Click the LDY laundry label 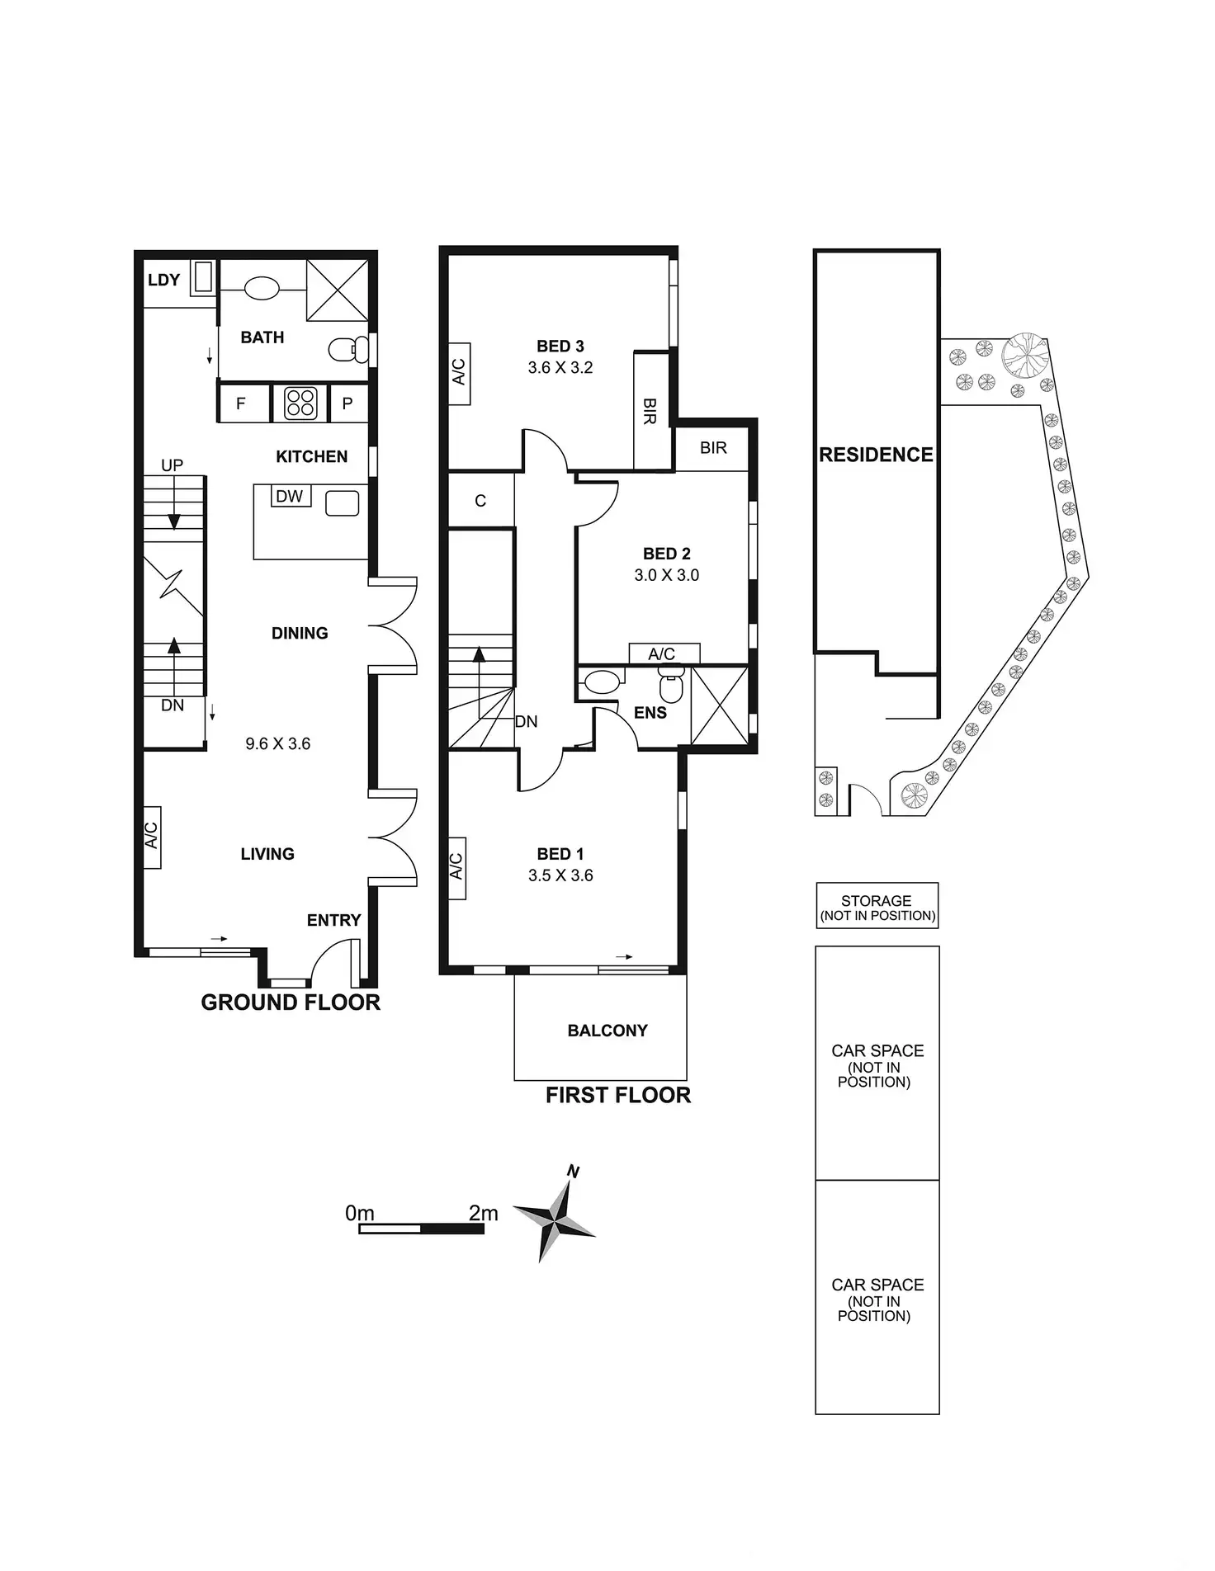(x=163, y=280)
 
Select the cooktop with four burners (x=300, y=403)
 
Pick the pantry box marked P (x=347, y=403)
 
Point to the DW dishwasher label (x=289, y=496)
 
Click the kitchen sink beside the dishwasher (x=343, y=503)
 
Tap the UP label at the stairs (x=172, y=465)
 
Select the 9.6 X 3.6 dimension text (x=278, y=743)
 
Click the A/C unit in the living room (x=152, y=837)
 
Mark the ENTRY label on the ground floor (x=334, y=920)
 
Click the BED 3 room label (x=560, y=346)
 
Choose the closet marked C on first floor (x=481, y=499)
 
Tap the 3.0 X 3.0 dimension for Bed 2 (x=667, y=575)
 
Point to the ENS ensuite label (x=650, y=713)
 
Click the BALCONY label (x=607, y=1031)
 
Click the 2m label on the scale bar (x=484, y=1213)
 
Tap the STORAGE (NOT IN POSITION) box (x=877, y=906)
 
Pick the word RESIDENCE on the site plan (x=876, y=455)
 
